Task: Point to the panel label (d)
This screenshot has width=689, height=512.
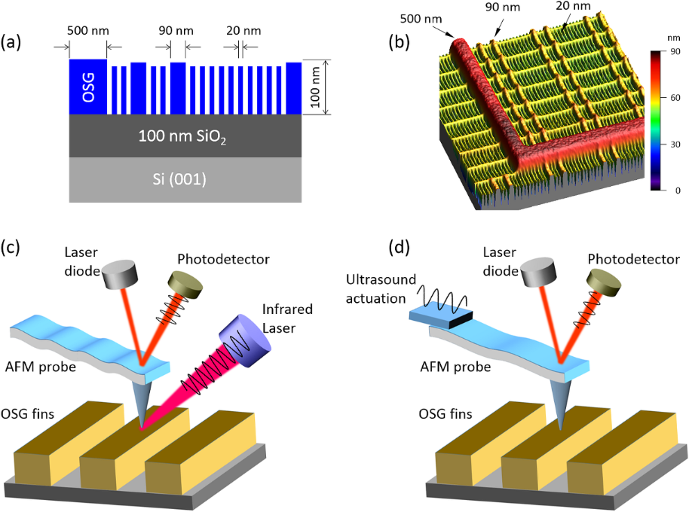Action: [400, 248]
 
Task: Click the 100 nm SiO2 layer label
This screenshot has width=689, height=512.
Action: [184, 136]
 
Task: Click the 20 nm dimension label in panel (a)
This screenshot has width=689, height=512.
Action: [240, 33]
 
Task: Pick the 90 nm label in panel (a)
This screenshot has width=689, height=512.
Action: [174, 33]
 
